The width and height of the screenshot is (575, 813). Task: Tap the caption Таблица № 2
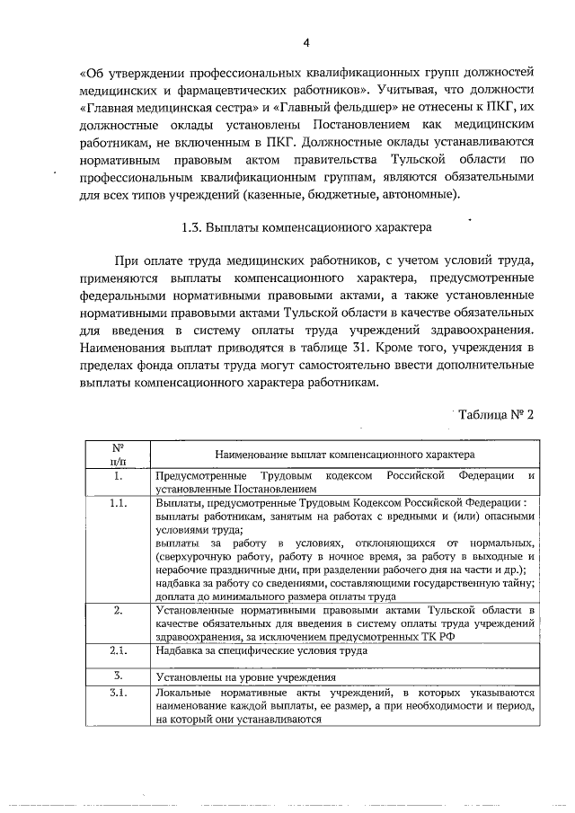tap(496, 414)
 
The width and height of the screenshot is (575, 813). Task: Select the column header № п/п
tap(117, 453)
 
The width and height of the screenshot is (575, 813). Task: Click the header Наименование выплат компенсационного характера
tap(343, 455)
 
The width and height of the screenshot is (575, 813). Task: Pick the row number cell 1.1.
tap(117, 503)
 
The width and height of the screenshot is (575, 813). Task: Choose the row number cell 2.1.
tap(117, 650)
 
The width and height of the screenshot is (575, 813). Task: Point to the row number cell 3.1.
tap(117, 694)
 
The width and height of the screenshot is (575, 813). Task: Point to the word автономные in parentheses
tap(419, 195)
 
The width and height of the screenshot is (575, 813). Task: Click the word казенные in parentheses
tap(276, 195)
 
